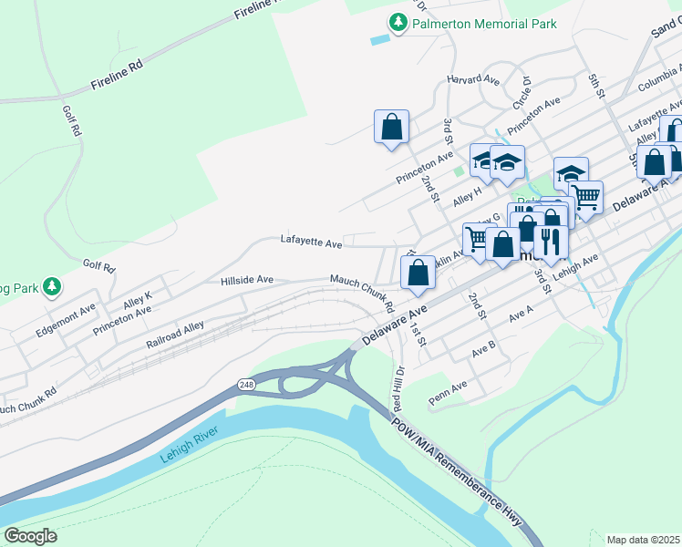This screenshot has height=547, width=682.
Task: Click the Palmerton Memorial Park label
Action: click(483, 25)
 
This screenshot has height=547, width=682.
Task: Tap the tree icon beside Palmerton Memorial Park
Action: click(398, 23)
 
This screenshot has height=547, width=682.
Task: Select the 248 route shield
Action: click(246, 385)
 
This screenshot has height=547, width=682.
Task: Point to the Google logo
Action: click(30, 535)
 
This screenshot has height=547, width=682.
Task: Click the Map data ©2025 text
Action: click(643, 540)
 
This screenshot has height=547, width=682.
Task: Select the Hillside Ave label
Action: click(247, 281)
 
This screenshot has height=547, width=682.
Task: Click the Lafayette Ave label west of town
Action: click(311, 243)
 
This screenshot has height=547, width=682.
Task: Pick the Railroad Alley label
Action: click(175, 335)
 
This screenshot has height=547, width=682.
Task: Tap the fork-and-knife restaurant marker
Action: click(550, 241)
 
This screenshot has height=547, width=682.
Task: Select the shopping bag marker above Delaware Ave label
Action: click(418, 272)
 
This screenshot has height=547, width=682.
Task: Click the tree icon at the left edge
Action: click(53, 287)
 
